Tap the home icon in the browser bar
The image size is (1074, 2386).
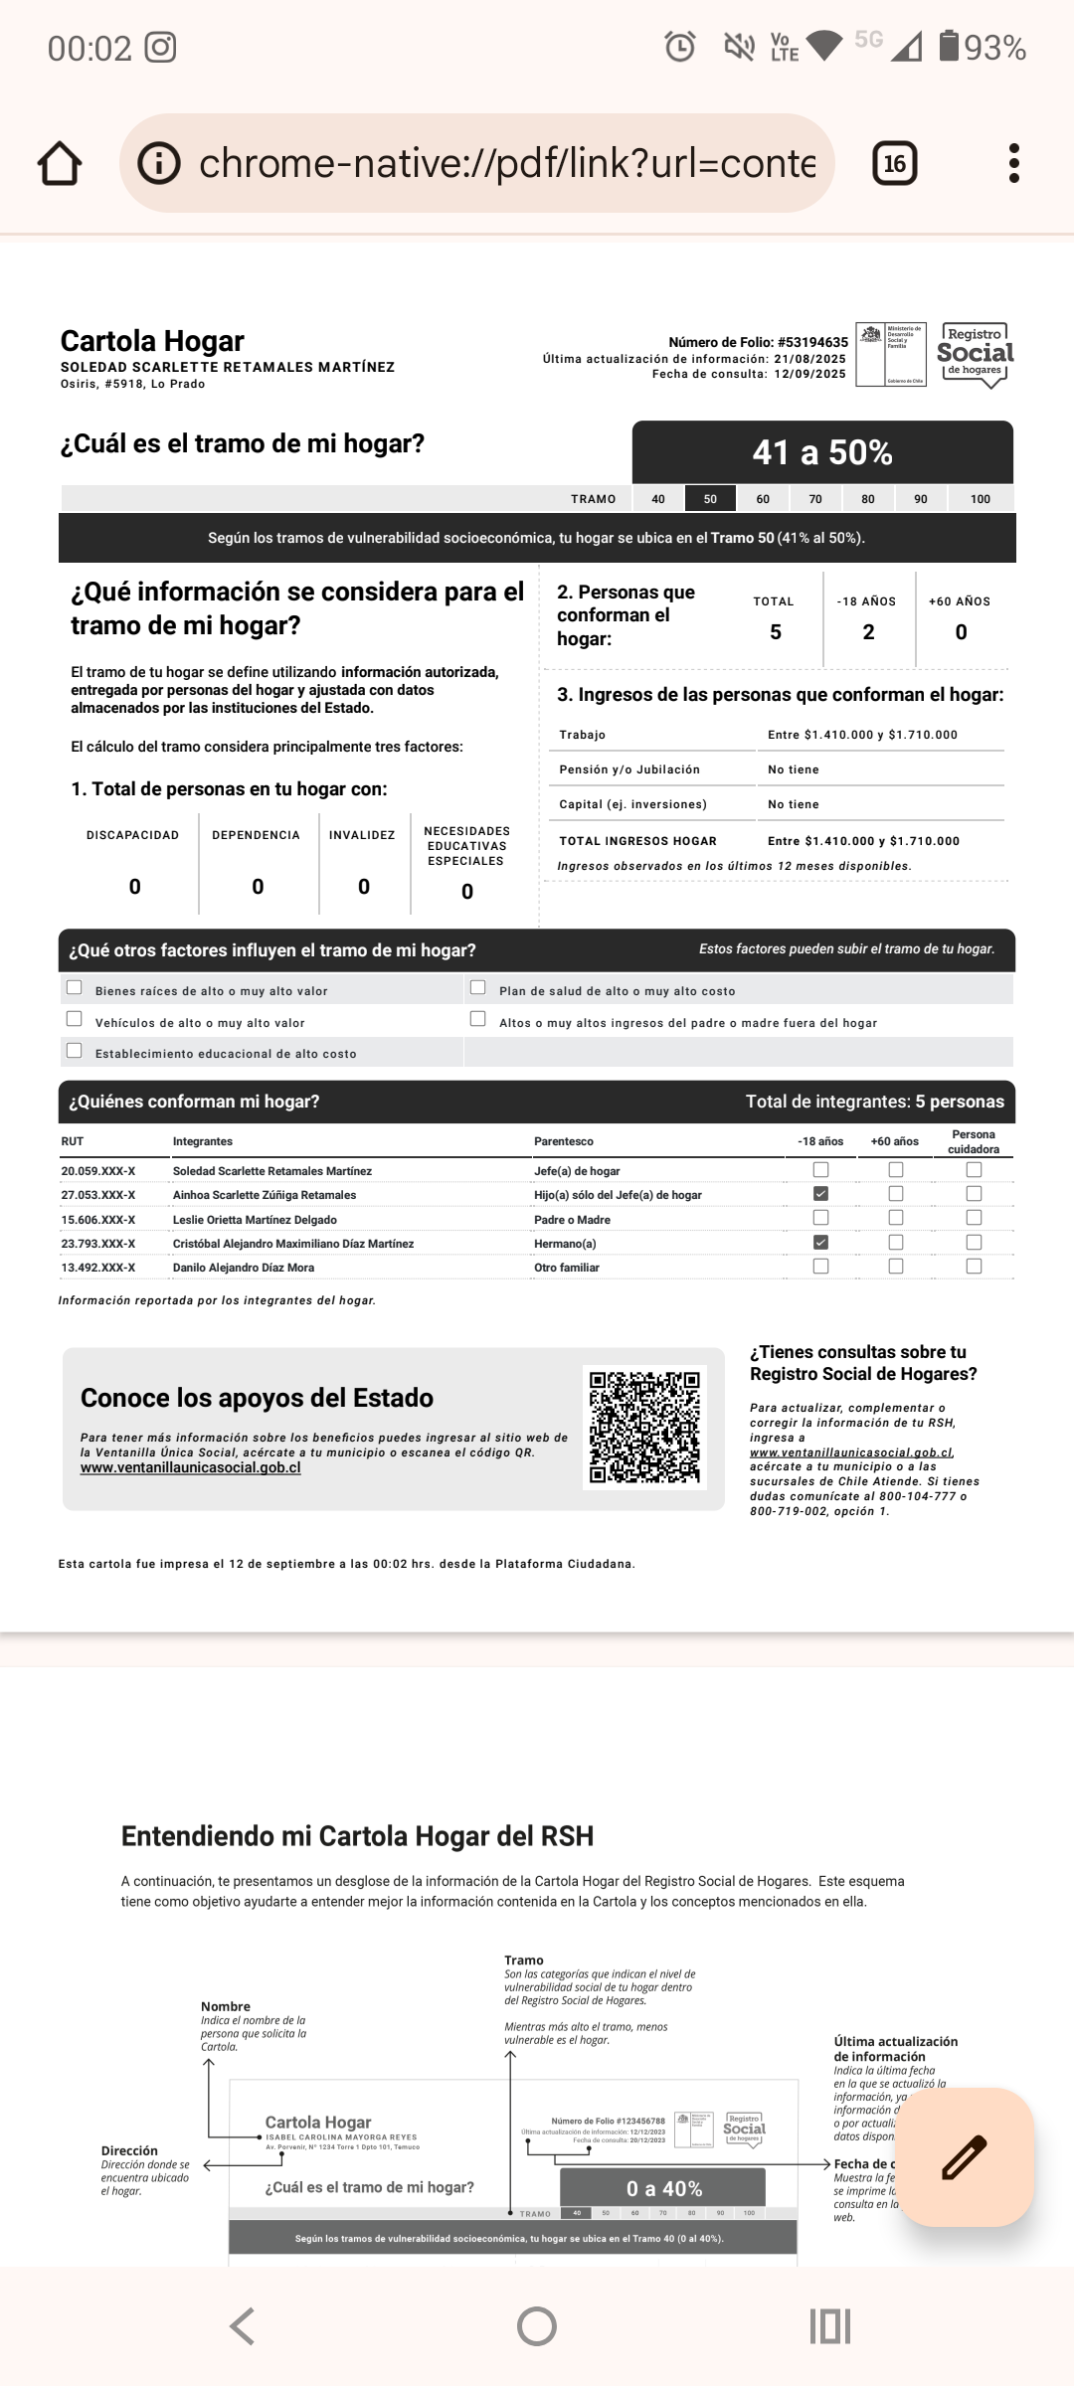tap(60, 163)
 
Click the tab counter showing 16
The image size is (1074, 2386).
tap(894, 163)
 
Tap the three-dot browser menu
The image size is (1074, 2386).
tap(1013, 163)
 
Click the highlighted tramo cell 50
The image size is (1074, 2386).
tap(710, 499)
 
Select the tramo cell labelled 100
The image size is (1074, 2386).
tap(981, 499)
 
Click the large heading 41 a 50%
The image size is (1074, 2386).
tap(822, 452)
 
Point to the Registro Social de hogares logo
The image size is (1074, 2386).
tap(975, 355)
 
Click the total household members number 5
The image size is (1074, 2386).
tap(776, 632)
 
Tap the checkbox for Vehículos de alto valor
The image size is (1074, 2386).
tap(75, 1019)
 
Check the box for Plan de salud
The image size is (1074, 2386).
tap(478, 987)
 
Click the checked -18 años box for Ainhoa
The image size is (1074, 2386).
tap(820, 1194)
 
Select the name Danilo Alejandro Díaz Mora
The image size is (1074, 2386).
tap(244, 1268)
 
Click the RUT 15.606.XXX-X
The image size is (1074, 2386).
tap(98, 1220)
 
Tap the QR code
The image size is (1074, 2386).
tap(644, 1428)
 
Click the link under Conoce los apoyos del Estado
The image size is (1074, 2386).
tap(191, 1467)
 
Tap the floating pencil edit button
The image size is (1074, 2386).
tap(964, 2157)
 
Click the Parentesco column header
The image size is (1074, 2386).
tap(564, 1141)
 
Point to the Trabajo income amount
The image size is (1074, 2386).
tap(862, 735)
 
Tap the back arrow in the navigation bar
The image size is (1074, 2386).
tap(243, 2326)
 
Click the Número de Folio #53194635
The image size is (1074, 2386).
tap(758, 342)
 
